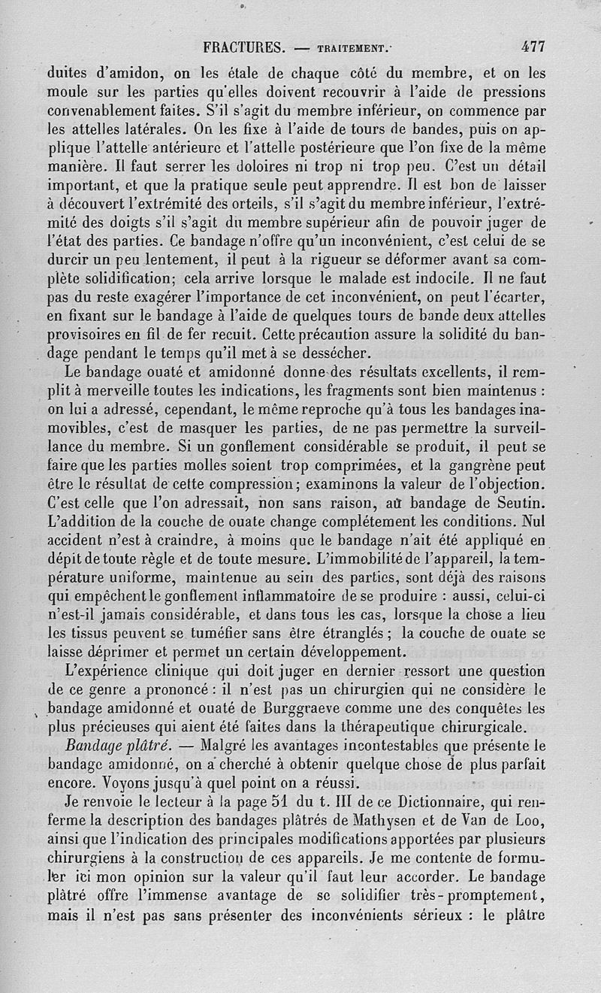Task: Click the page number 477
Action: click(533, 47)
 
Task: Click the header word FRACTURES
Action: click(244, 47)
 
